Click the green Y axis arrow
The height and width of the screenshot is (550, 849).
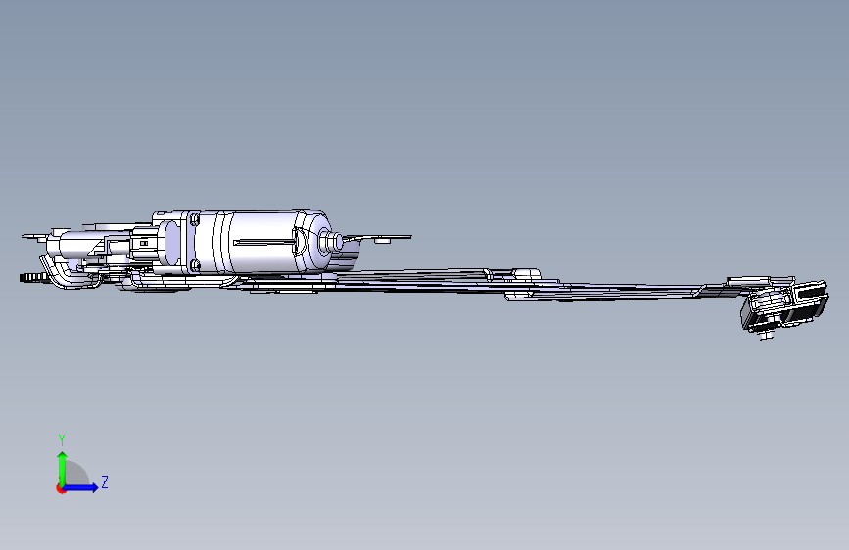pyautogui.click(x=62, y=469)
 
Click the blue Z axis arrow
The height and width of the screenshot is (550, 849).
pyautogui.click(x=80, y=487)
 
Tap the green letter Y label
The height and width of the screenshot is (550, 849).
pyautogui.click(x=62, y=439)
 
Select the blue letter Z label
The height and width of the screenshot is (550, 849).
pyautogui.click(x=105, y=481)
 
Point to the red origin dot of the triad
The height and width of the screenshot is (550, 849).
pyautogui.click(x=61, y=488)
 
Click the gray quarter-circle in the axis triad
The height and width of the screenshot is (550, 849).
pyautogui.click(x=77, y=474)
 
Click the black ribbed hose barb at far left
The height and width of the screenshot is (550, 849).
pyautogui.click(x=30, y=277)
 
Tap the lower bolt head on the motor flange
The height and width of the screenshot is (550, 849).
pyautogui.click(x=196, y=264)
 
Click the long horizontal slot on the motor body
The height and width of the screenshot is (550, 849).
pyautogui.click(x=264, y=242)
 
